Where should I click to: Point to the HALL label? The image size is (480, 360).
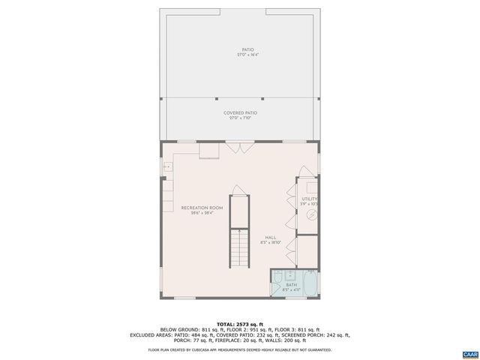tap(270, 238)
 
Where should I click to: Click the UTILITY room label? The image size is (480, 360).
tap(309, 199)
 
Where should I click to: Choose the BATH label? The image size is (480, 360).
tap(291, 286)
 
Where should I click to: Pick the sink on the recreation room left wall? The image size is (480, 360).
tap(166, 166)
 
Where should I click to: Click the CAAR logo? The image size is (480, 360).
tap(469, 352)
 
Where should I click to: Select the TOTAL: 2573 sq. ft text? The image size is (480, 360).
tap(239, 324)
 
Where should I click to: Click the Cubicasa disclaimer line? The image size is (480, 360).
tap(239, 349)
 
